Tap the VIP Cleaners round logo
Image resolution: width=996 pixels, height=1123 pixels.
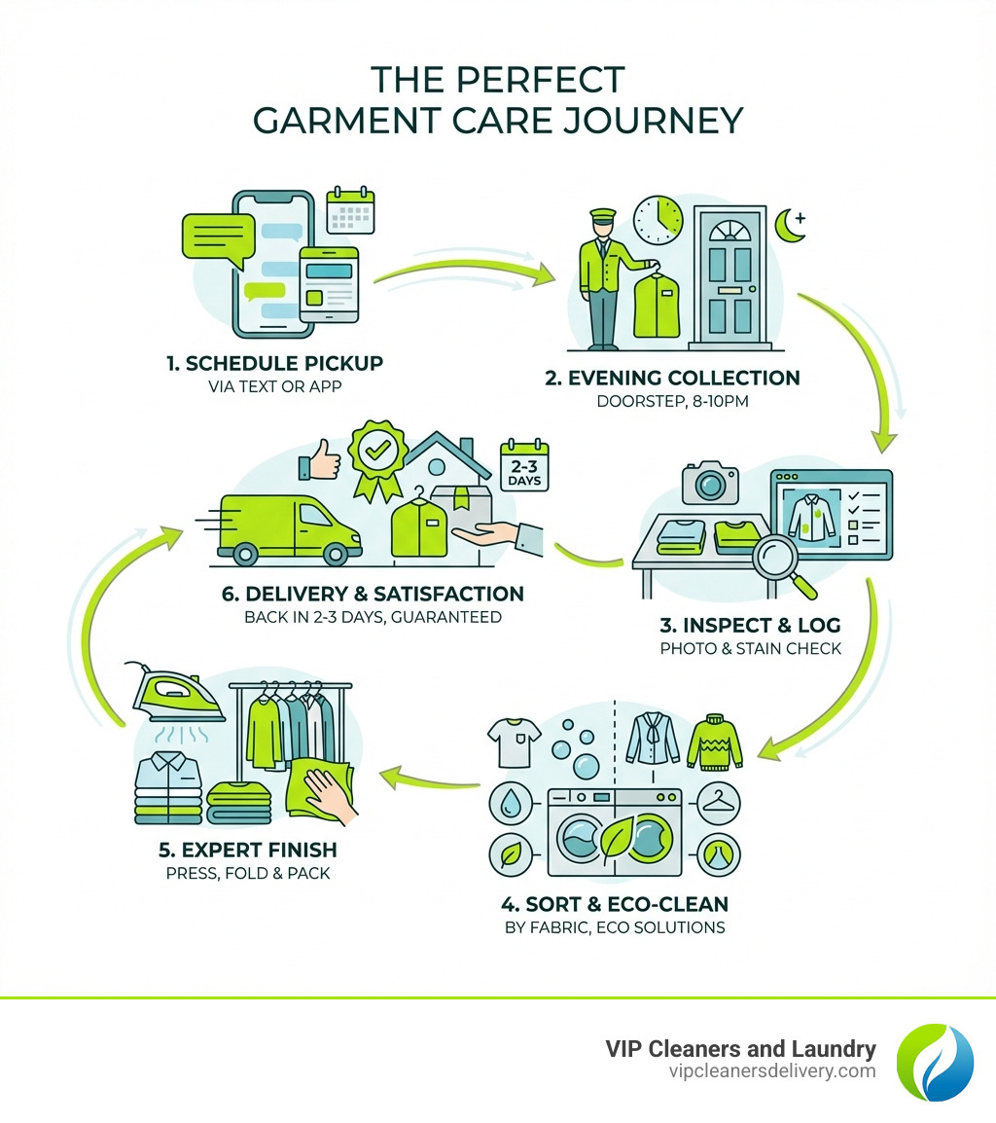(x=934, y=1061)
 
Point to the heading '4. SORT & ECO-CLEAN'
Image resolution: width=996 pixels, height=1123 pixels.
(x=615, y=902)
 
